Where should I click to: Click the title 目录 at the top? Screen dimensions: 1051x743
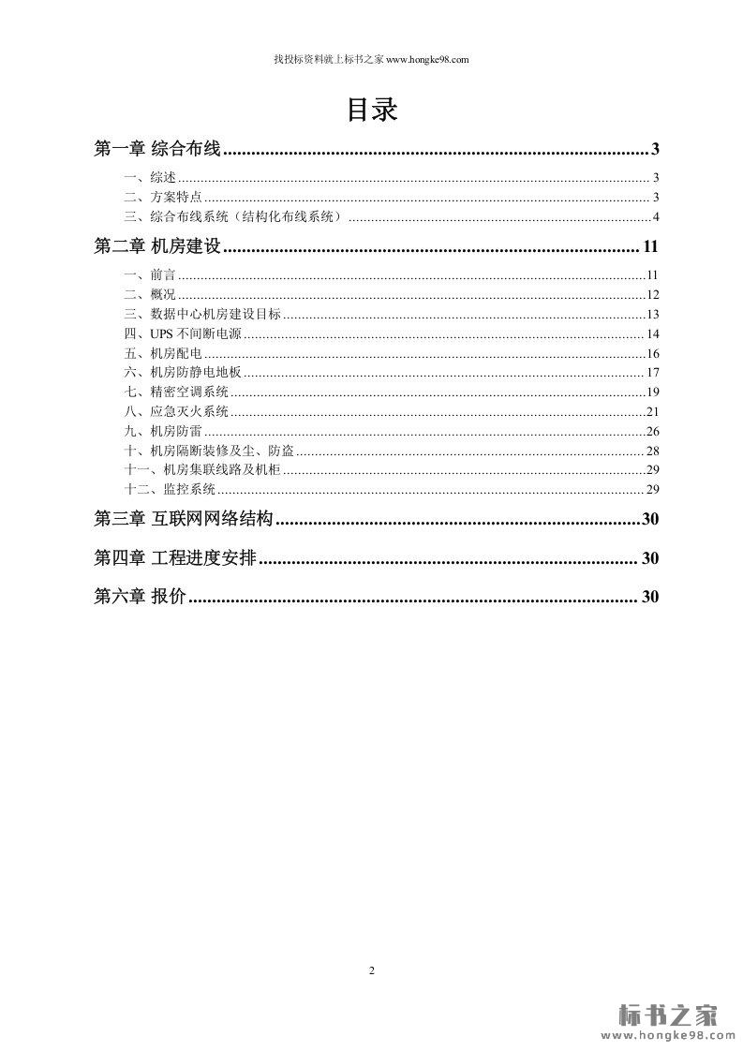click(372, 111)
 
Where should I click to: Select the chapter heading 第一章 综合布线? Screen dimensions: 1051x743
click(157, 149)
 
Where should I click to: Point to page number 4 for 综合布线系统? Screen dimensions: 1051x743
click(657, 217)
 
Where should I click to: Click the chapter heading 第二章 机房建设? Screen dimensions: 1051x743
click(157, 247)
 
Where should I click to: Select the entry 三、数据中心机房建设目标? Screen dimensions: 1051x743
click(201, 314)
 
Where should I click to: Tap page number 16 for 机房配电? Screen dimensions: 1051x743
click(653, 353)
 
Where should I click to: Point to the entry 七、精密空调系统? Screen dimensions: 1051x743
click(175, 392)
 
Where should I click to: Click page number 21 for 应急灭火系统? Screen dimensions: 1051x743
click(653, 411)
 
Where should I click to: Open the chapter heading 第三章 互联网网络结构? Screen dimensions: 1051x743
click(184, 519)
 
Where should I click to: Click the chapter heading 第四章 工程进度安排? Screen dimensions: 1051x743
click(175, 558)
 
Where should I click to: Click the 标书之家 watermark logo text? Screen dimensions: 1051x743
click(668, 1014)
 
